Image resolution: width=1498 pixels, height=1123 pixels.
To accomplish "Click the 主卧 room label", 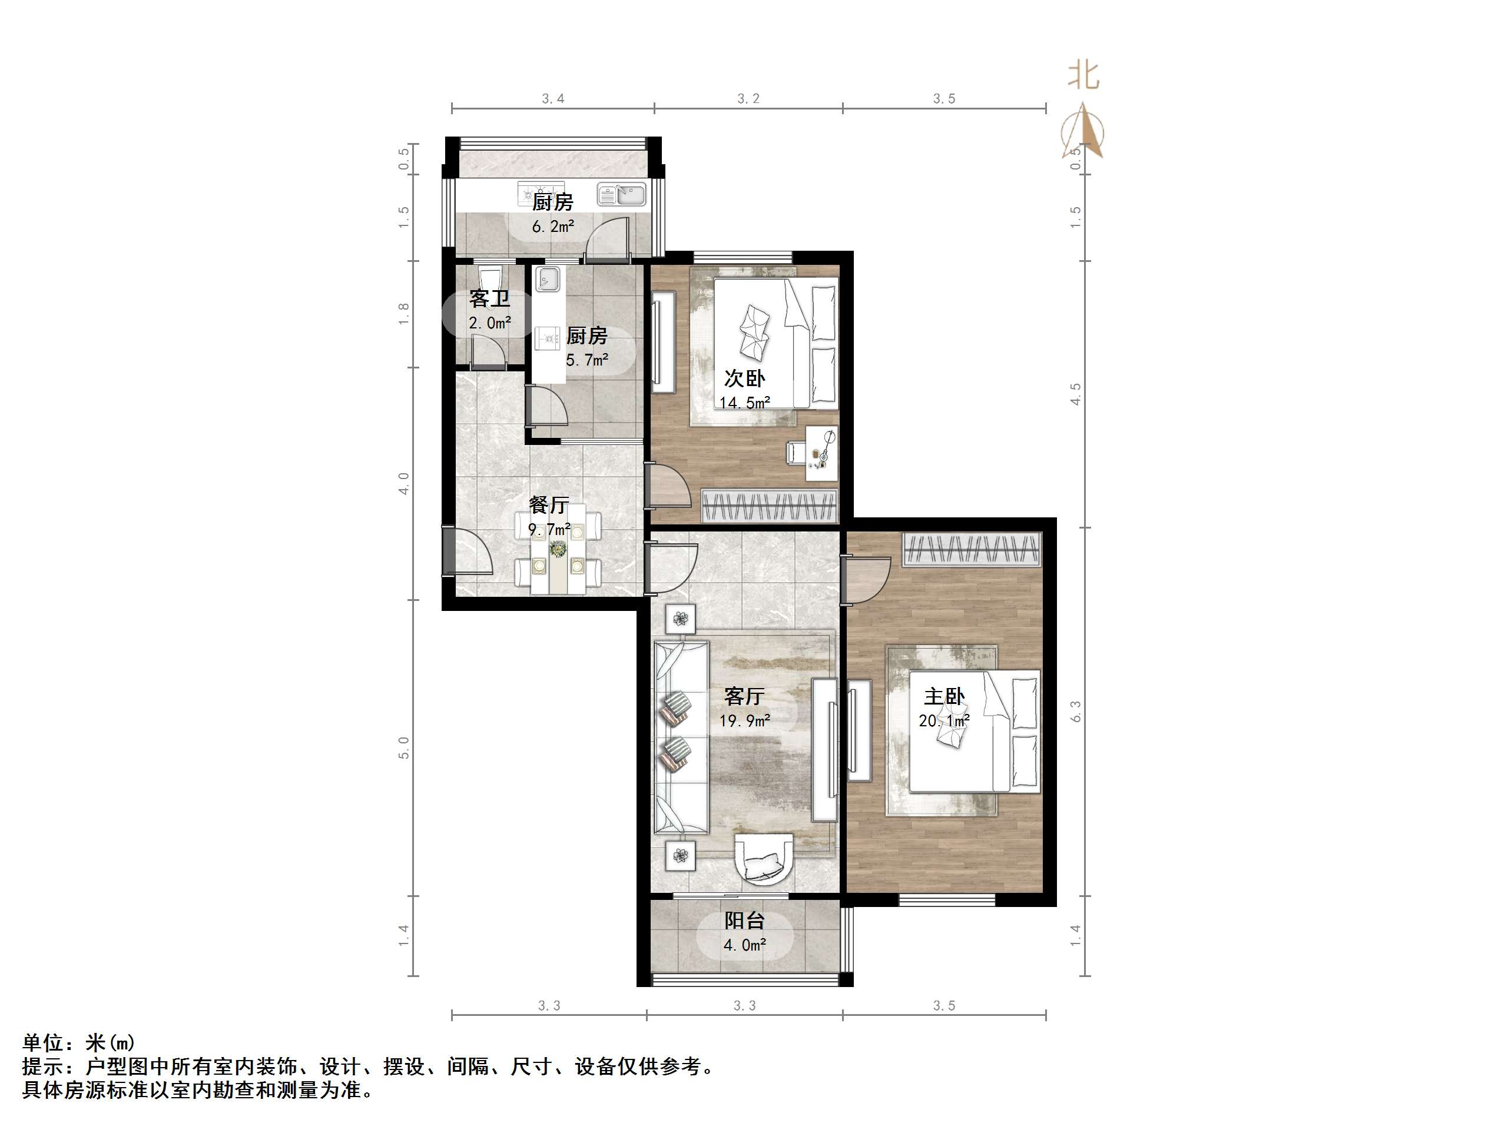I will [x=944, y=696].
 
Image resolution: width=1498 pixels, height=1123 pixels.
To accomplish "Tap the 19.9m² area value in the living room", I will [x=744, y=722].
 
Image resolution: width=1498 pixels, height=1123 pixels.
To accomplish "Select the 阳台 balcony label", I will [x=744, y=921].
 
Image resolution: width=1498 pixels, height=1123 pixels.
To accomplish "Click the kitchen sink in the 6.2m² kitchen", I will [x=621, y=195].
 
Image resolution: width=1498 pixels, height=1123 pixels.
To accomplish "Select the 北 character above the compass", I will [x=1083, y=75].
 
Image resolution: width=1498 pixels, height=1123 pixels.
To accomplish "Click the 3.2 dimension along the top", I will [x=748, y=99].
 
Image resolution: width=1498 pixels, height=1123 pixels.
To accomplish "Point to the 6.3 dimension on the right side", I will [x=1075, y=711].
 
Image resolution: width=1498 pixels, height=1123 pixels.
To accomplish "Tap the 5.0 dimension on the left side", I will [x=403, y=748].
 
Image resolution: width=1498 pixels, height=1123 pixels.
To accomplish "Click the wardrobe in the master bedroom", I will [x=971, y=549].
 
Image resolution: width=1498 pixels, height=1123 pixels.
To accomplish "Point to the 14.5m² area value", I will [x=744, y=403].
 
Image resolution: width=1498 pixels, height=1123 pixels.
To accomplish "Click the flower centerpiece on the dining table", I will [x=559, y=550].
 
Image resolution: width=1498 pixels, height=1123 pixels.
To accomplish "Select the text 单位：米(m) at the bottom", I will [x=79, y=1042].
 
